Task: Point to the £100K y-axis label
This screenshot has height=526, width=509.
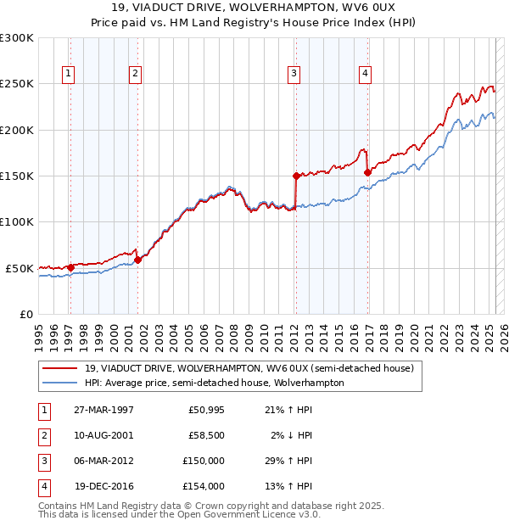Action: pos(17,222)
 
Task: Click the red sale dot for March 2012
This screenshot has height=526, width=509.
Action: pos(296,176)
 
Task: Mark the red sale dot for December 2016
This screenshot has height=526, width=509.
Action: pos(367,172)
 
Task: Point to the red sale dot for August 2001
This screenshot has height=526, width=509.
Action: pos(137,260)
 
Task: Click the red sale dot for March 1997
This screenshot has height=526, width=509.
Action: pos(71,267)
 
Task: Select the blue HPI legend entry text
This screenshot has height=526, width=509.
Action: pos(215,383)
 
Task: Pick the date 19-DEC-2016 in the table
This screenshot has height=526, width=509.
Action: pos(104,487)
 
